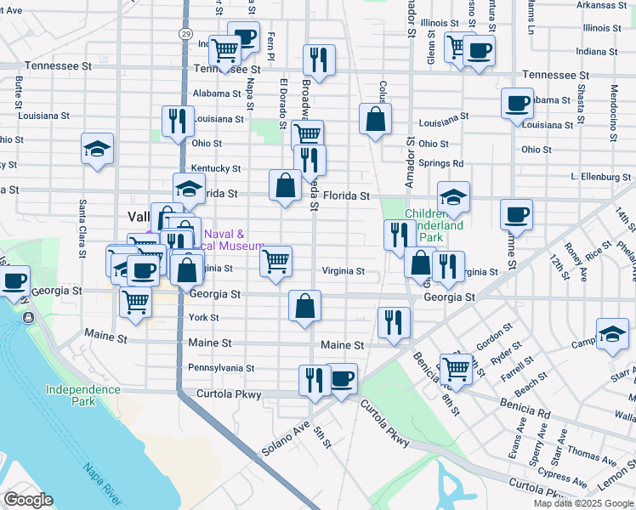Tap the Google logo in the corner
tap(27, 500)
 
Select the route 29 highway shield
tap(185, 33)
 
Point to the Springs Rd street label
tap(440, 163)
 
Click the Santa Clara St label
tap(83, 228)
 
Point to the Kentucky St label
tap(216, 168)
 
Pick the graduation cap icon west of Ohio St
tap(98, 149)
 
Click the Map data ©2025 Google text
tap(583, 503)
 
